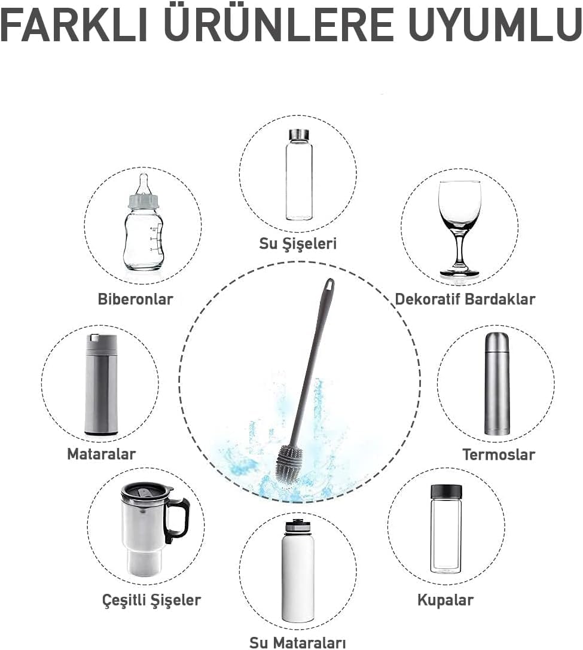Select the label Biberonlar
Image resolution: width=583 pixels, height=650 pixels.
[x=135, y=299]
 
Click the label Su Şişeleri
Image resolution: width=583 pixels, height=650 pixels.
[x=298, y=243]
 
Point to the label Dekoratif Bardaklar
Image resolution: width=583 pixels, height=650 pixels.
[x=465, y=299]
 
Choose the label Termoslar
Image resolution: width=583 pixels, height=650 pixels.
[x=499, y=454]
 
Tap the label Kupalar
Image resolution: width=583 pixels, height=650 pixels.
[x=445, y=600]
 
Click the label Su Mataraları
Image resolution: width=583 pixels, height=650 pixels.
[x=298, y=642]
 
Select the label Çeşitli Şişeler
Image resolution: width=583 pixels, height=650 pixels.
[x=151, y=600]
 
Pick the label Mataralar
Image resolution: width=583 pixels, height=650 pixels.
[x=101, y=454]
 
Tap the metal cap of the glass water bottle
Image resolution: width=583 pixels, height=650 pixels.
[x=298, y=135]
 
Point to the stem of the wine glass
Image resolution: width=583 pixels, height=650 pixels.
[x=460, y=251]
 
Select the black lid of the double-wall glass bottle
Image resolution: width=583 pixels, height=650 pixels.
[x=446, y=491]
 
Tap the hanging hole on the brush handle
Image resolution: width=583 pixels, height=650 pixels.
[x=329, y=285]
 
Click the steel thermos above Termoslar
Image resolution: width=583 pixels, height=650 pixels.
[x=497, y=383]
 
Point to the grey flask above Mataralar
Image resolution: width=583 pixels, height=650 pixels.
[x=101, y=384]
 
